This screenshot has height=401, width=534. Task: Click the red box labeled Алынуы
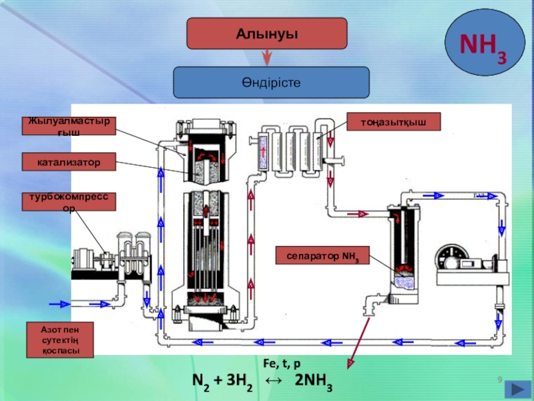tap(267, 33)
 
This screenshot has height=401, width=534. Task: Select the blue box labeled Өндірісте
tap(272, 82)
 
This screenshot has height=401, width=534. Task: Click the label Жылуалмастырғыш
tap(69, 127)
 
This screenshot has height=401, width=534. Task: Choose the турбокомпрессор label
tap(69, 203)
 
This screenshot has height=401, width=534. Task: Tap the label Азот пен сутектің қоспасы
tap(60, 340)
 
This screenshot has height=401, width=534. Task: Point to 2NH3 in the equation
tap(314, 382)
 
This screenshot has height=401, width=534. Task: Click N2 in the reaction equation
tap(200, 382)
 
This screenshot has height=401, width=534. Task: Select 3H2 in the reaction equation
tap(235, 382)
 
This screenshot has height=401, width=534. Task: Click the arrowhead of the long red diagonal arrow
tap(348, 365)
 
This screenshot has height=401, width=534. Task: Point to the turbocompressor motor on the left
tap(85, 262)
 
